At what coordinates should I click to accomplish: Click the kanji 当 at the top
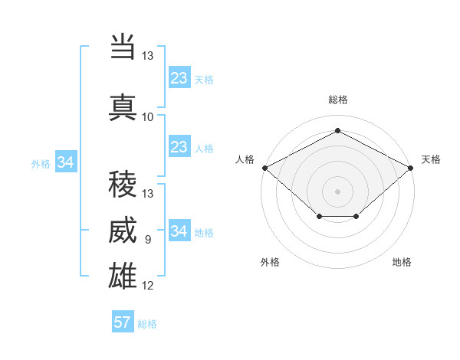pyautogui.click(x=123, y=46)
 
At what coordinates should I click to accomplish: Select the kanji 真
pyautogui.click(x=123, y=107)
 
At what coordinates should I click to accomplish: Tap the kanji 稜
pyautogui.click(x=123, y=184)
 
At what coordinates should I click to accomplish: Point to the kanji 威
pyautogui.click(x=123, y=230)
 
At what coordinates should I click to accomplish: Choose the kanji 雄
pyautogui.click(x=123, y=276)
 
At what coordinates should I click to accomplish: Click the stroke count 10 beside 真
pyautogui.click(x=147, y=117)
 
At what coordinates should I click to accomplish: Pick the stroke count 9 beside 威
pyautogui.click(x=148, y=240)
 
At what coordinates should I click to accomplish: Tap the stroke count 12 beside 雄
pyautogui.click(x=147, y=286)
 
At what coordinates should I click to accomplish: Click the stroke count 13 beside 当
pyautogui.click(x=147, y=56)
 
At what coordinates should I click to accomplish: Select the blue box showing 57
pyautogui.click(x=123, y=321)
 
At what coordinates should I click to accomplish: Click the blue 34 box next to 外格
pyautogui.click(x=66, y=162)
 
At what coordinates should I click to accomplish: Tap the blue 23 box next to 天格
pyautogui.click(x=180, y=77)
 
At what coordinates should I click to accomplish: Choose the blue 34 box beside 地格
pyautogui.click(x=180, y=230)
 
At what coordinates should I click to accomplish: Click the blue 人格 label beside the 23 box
pyautogui.click(x=204, y=149)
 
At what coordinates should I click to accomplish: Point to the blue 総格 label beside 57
pyautogui.click(x=147, y=324)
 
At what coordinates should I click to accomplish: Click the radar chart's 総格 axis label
pyautogui.click(x=338, y=100)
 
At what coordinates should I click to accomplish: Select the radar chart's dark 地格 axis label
pyautogui.click(x=402, y=262)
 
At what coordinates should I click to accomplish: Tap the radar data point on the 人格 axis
pyautogui.click(x=265, y=168)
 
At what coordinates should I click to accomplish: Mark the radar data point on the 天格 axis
pyautogui.click(x=411, y=168)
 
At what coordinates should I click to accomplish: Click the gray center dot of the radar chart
pyautogui.click(x=337, y=191)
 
